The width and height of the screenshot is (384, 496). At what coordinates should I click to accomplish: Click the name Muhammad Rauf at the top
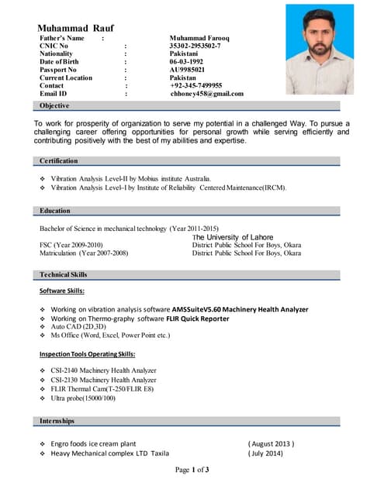click(x=75, y=27)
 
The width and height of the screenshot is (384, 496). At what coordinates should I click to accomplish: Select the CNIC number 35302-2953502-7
click(x=195, y=46)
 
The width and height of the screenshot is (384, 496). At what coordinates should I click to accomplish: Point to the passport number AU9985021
click(x=189, y=70)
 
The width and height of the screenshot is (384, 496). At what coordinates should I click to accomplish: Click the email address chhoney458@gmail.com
click(x=206, y=94)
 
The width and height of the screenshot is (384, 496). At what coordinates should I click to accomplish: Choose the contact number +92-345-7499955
click(x=195, y=85)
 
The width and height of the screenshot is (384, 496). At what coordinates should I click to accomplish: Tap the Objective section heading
click(x=54, y=105)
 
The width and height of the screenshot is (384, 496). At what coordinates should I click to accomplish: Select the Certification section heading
click(x=59, y=160)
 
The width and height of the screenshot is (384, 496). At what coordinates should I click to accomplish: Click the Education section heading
click(x=55, y=211)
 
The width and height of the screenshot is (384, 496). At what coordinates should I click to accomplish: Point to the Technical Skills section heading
click(x=64, y=274)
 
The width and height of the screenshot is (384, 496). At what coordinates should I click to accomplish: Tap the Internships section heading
click(x=57, y=421)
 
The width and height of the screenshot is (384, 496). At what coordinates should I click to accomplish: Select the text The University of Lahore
click(x=234, y=237)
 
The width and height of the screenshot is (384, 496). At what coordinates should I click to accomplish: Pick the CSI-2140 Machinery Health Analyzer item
click(x=103, y=370)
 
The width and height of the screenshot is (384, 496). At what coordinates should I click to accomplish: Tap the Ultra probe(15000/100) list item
click(x=83, y=398)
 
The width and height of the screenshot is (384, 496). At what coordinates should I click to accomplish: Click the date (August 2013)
click(x=271, y=444)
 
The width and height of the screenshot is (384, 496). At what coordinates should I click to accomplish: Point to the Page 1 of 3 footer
click(x=192, y=470)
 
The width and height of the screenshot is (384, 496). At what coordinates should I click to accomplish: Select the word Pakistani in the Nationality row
click(x=185, y=54)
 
